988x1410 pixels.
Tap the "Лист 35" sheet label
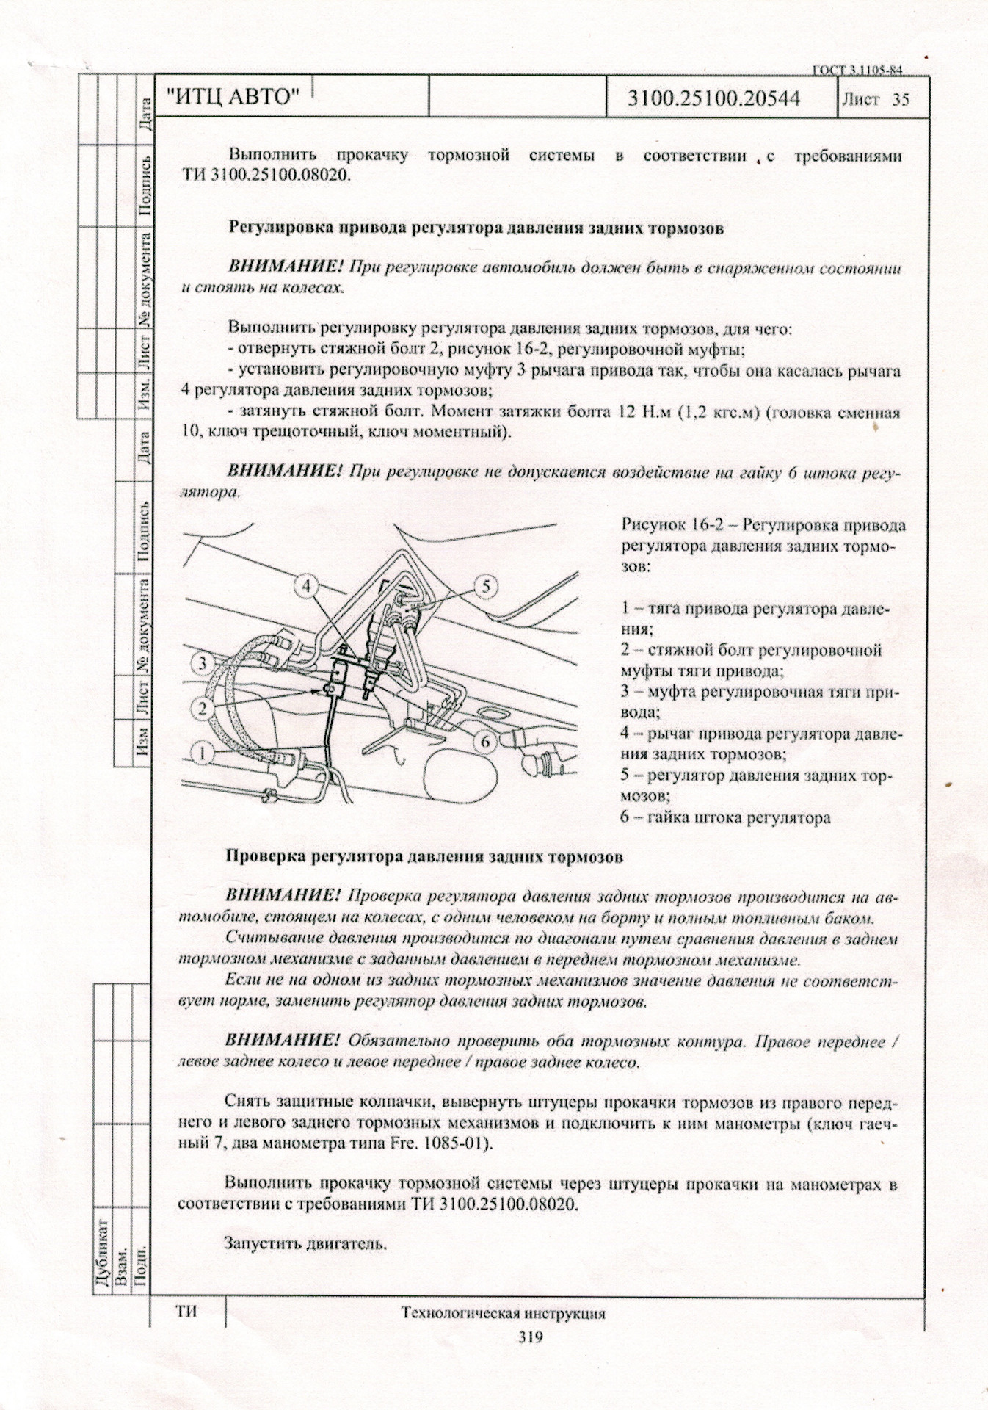pyautogui.click(x=885, y=98)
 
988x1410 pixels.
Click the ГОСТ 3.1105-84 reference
pyautogui.click(x=856, y=70)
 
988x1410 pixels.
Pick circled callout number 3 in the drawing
pyautogui.click(x=204, y=664)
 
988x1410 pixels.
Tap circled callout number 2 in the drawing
pyautogui.click(x=204, y=708)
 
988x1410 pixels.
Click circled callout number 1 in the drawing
pyautogui.click(x=204, y=752)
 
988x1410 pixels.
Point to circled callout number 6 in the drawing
pyautogui.click(x=485, y=742)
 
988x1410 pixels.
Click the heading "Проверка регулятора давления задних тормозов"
pyautogui.click(x=424, y=856)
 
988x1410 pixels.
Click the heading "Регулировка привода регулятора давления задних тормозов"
pyautogui.click(x=476, y=228)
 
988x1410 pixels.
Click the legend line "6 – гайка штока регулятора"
pyautogui.click(x=725, y=817)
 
